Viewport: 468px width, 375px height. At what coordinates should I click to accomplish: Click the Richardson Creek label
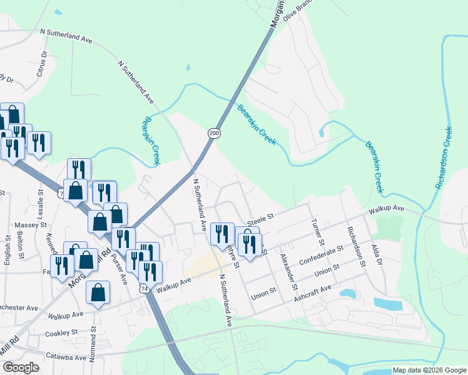443,159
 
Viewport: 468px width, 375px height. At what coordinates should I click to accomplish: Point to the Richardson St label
357,247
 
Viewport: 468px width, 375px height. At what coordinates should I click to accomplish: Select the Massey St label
35,224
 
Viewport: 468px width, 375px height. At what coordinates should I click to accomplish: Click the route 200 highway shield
214,133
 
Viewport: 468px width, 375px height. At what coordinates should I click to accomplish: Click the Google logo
20,367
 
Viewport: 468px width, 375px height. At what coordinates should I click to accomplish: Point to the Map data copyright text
429,370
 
